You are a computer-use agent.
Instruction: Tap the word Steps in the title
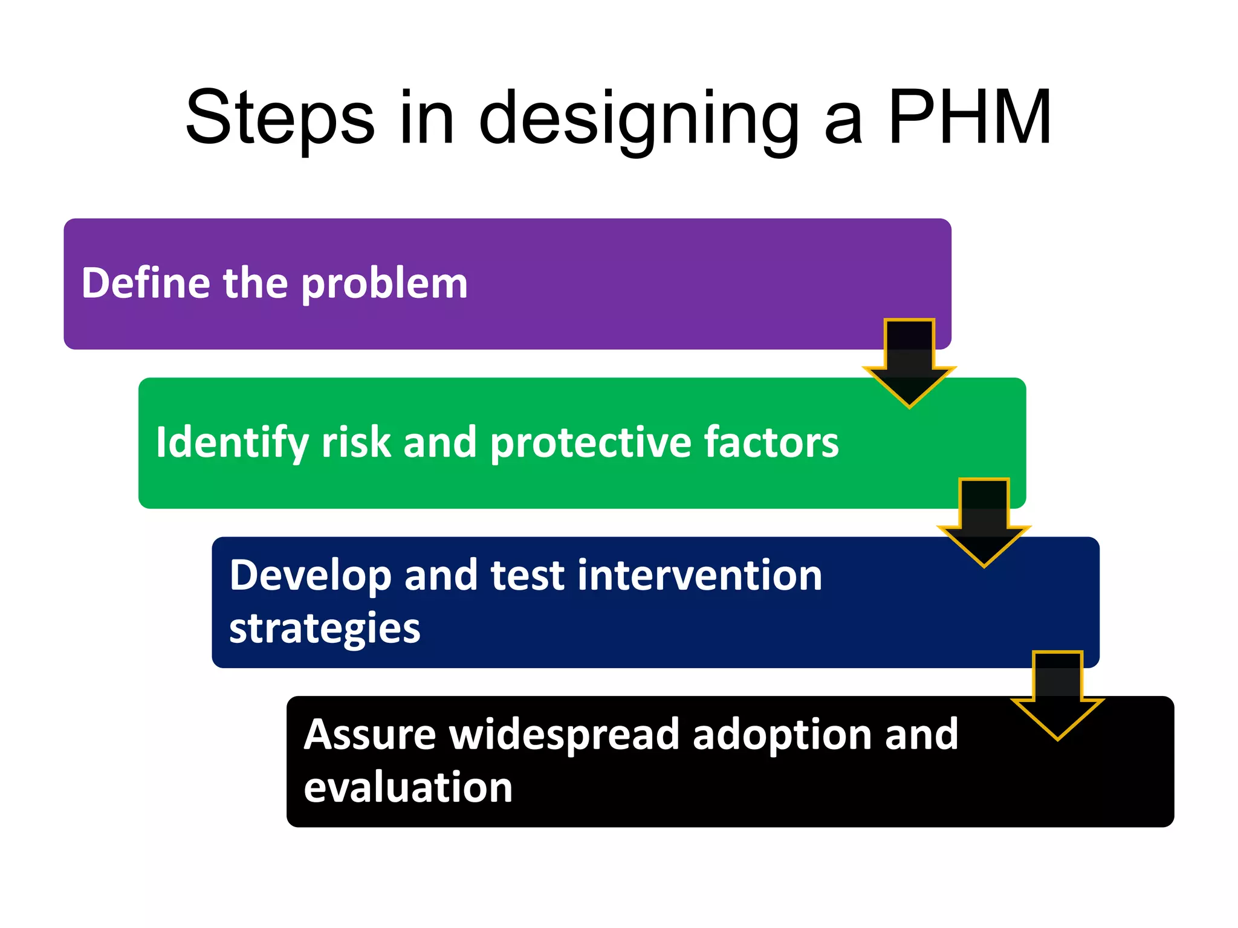pos(279,118)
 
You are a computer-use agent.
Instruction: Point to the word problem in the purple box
pos(384,284)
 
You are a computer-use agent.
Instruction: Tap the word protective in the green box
pos(590,443)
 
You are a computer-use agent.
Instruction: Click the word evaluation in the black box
pos(408,787)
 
